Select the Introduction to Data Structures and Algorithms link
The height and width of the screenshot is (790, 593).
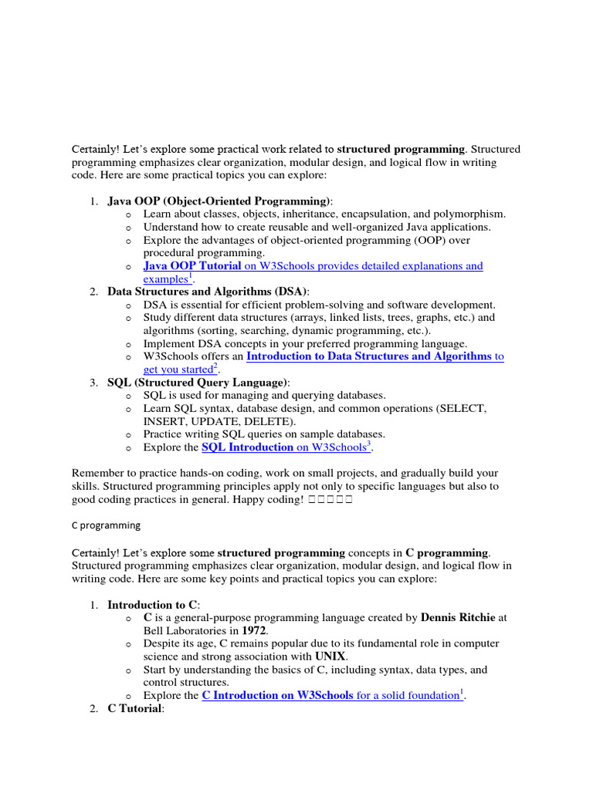(368, 356)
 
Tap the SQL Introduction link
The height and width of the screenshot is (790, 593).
(247, 447)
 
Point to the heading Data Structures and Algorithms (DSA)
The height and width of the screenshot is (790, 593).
(208, 291)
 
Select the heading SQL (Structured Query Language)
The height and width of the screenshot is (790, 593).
(198, 382)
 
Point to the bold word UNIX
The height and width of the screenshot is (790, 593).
(330, 657)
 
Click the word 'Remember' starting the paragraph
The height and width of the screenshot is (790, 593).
(97, 473)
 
